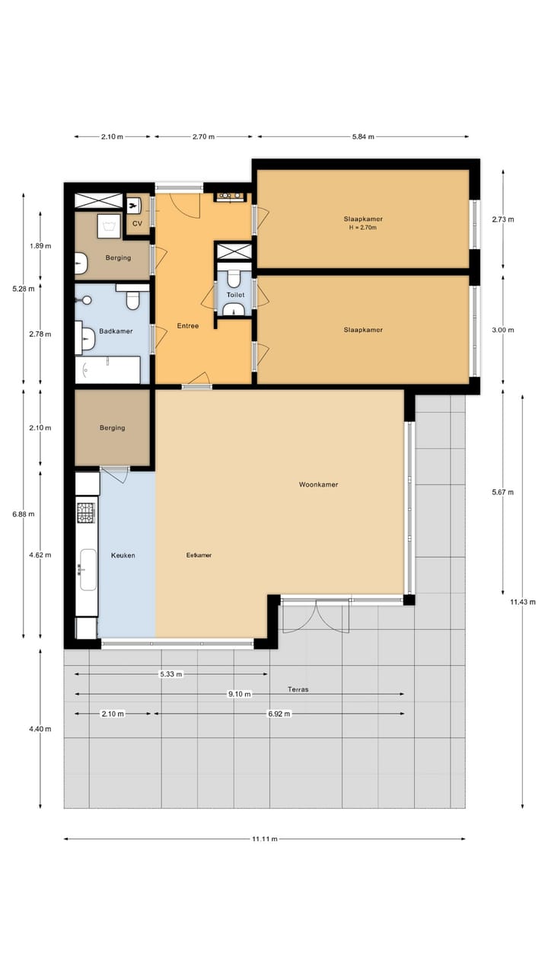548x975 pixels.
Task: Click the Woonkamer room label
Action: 318,484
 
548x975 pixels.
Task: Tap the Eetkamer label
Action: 199,555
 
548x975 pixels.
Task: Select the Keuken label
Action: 123,555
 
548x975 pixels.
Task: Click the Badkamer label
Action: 116,331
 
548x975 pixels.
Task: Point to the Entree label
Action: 187,326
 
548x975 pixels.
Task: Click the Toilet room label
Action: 235,294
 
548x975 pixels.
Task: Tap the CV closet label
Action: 137,223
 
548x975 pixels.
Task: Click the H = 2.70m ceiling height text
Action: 362,228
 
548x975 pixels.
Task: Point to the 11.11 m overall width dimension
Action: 264,839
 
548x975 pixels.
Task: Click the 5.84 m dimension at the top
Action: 363,137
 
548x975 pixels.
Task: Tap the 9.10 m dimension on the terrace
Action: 241,694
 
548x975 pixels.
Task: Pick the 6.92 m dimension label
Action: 279,714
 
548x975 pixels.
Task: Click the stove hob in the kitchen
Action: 87,513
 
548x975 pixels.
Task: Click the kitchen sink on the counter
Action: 88,570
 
